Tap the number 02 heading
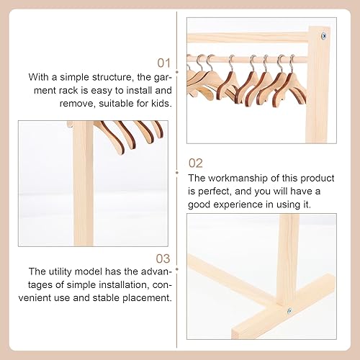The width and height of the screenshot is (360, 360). click(196, 163)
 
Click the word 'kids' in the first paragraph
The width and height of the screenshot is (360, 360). click(159, 103)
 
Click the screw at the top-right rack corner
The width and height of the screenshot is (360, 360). click(323, 35)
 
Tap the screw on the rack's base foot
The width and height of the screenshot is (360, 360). click(289, 310)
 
